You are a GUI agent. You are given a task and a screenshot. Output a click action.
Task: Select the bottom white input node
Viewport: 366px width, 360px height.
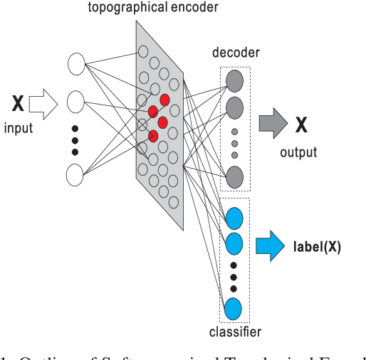76,174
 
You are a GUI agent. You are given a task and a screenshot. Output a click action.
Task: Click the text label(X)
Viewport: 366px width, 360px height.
317,248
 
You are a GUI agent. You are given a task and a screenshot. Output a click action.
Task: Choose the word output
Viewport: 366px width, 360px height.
298,152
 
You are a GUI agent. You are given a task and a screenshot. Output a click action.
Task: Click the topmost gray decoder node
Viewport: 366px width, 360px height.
234,78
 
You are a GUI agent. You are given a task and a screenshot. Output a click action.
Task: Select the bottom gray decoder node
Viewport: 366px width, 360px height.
234,176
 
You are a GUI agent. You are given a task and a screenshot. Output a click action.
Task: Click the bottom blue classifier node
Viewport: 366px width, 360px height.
234,309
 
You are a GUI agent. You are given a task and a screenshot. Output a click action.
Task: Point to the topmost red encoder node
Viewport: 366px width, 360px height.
165,100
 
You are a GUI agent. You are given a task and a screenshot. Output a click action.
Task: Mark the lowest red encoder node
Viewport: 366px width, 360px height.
152,135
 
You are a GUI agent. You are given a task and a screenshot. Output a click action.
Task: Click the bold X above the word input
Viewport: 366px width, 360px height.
19,105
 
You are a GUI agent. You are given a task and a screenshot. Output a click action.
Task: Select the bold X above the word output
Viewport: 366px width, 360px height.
302,127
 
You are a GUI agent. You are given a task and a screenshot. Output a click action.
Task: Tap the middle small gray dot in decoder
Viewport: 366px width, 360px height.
234,144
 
